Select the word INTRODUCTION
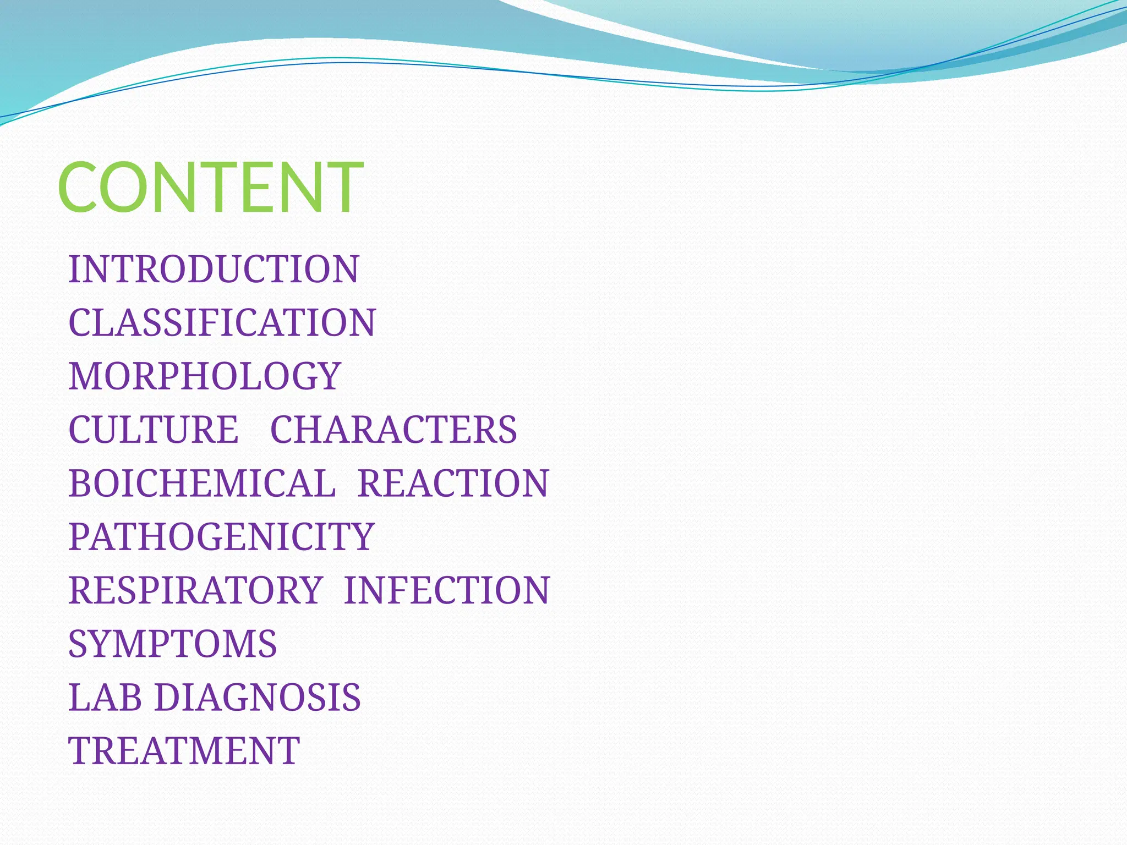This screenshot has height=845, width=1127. tap(214, 269)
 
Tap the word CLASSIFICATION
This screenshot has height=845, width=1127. tap(222, 322)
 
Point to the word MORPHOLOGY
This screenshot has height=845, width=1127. tap(205, 376)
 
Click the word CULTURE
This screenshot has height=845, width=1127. tap(154, 430)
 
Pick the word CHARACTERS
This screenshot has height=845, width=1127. tap(393, 430)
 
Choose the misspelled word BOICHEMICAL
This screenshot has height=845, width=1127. tap(202, 484)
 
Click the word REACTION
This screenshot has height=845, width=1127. tap(453, 484)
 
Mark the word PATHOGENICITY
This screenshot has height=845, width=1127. tap(221, 537)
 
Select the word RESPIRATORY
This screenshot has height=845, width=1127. tap(195, 590)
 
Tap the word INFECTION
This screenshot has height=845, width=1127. tap(447, 590)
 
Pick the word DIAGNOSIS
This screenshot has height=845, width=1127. tap(258, 698)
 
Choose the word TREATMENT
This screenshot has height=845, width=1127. tap(184, 751)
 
